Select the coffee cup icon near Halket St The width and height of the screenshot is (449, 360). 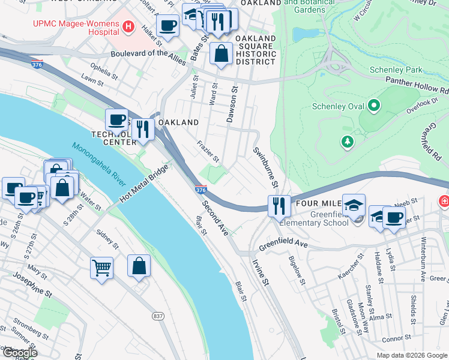(167, 26)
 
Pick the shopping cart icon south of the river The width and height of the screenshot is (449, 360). (101, 267)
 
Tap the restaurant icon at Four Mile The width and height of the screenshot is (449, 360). (279, 206)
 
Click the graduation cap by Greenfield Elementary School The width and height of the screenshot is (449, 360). (354, 205)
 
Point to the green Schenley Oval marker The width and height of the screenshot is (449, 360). (375, 107)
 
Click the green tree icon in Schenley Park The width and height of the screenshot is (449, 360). (346, 142)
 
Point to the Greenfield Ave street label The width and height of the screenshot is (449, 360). (283, 246)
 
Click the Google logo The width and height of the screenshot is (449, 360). (19, 353)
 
